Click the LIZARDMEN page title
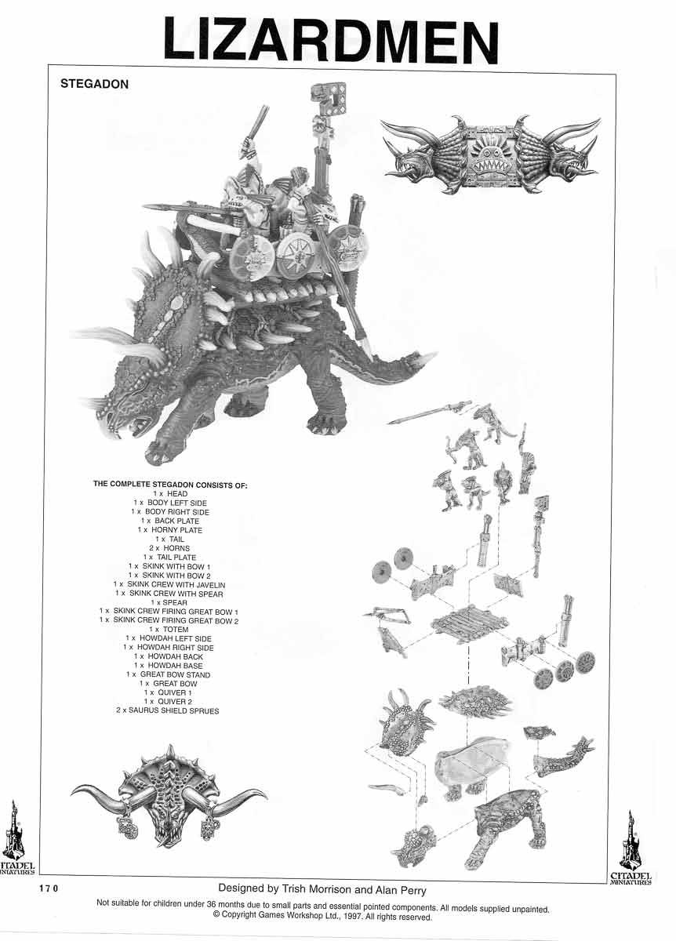pyautogui.click(x=330, y=41)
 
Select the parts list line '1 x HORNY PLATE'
pyautogui.click(x=169, y=530)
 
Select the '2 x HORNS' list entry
pyautogui.click(x=169, y=548)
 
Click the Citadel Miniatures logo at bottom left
pyautogui.click(x=16, y=839)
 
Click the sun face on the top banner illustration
pyautogui.click(x=490, y=154)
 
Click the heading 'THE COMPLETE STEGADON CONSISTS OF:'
pyautogui.click(x=170, y=485)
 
